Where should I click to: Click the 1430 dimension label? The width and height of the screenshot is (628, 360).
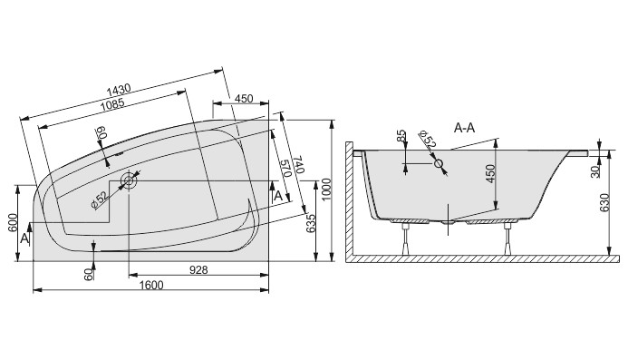point(119,89)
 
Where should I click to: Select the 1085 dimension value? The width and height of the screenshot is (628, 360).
point(112,105)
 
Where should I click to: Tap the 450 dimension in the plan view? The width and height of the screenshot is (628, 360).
point(244,99)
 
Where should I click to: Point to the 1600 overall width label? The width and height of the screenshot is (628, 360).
point(151,285)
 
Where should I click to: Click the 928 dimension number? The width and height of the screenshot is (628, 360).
point(198,270)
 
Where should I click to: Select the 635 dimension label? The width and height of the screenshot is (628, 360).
point(311,224)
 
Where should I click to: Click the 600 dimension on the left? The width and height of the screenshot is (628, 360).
point(13,223)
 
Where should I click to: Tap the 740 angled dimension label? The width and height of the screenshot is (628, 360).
point(300,165)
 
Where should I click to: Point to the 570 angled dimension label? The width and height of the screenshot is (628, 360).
point(285,169)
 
